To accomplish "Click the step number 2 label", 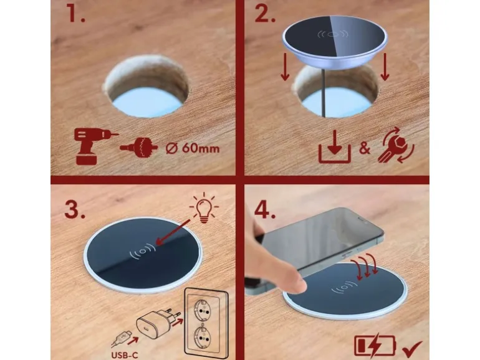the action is (265, 13).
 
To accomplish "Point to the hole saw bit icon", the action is (139, 148).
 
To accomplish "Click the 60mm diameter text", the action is (193, 149).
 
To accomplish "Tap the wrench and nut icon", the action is (396, 146).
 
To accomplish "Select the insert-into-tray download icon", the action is (335, 147).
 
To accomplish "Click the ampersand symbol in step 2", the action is (364, 148).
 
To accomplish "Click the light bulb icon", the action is (204, 208).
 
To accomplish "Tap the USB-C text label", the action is (125, 356).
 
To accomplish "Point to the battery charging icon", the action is (375, 346).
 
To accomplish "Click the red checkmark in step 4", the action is (412, 349).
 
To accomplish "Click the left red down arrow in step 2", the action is (285, 67).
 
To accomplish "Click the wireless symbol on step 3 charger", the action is (143, 252).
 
